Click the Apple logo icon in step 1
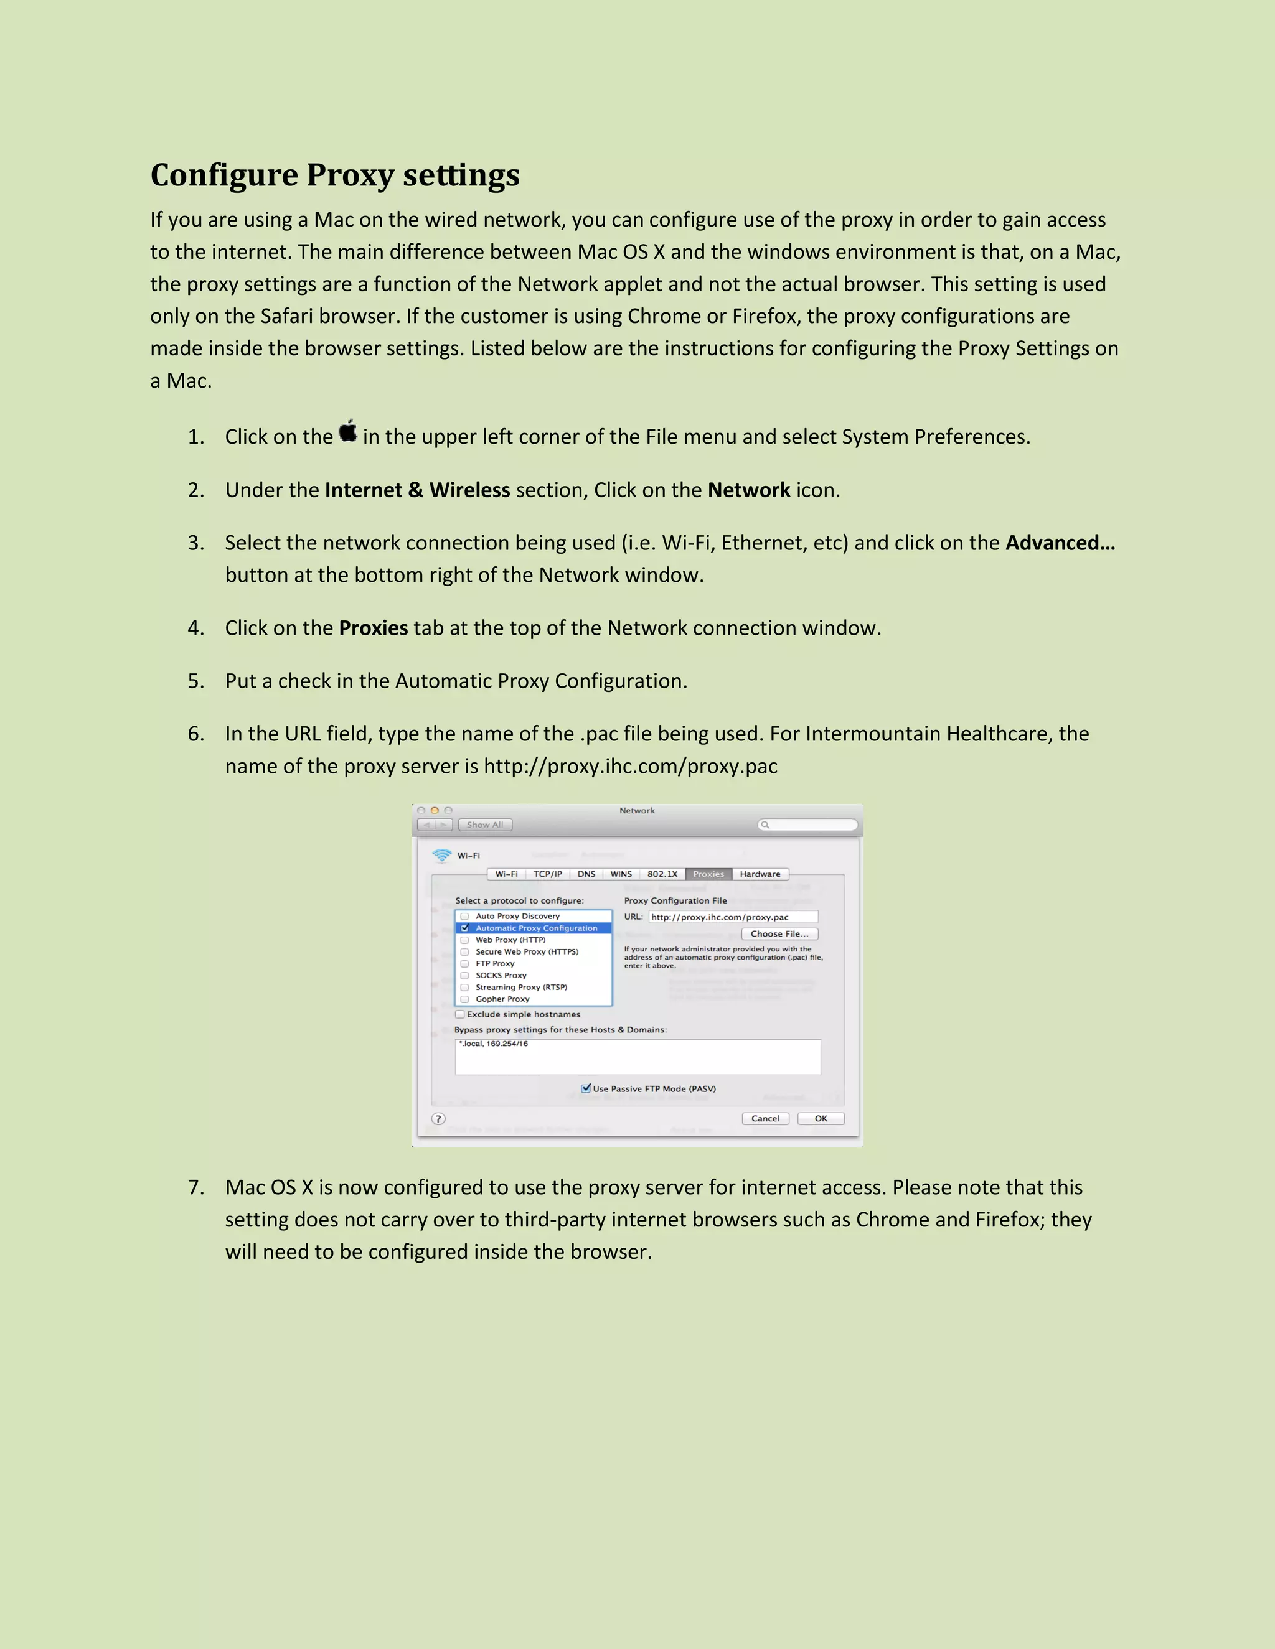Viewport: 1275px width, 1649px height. pos(347,432)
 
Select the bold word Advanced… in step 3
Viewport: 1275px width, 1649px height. pos(1060,543)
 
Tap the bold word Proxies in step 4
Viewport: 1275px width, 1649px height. pos(373,628)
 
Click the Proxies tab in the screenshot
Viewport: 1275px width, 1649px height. pos(708,874)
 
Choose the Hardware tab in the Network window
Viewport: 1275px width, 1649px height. pos(760,874)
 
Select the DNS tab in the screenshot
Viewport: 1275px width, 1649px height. pos(586,874)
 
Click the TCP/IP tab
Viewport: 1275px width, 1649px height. pos(548,874)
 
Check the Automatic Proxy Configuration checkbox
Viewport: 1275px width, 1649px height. pos(464,928)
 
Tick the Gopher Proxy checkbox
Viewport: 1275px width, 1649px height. pos(464,999)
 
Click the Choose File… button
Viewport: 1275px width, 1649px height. pos(779,934)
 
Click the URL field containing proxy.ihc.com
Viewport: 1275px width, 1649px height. pos(733,917)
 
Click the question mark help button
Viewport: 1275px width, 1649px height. pos(438,1119)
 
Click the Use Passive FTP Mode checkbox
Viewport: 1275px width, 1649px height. pos(585,1088)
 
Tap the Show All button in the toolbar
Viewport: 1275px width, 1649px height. pos(485,824)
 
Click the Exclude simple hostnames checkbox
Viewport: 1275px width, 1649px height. pos(460,1014)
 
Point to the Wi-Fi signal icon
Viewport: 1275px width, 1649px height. pos(442,856)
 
